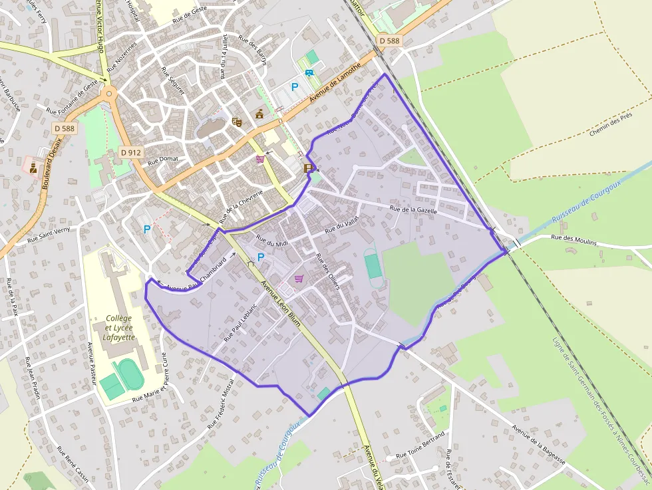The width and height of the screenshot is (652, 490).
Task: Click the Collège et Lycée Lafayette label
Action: pyautogui.click(x=119, y=327)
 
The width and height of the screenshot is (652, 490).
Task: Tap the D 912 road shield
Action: pyautogui.click(x=131, y=152)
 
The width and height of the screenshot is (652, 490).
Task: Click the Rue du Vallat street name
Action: pyautogui.click(x=342, y=225)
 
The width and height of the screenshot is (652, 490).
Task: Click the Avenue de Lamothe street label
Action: pyautogui.click(x=335, y=82)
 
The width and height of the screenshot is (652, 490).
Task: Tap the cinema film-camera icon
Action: pyautogui.click(x=309, y=168)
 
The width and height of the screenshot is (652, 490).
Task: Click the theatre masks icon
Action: pyautogui.click(x=236, y=122)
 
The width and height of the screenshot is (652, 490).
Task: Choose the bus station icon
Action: pyautogui.click(x=309, y=73)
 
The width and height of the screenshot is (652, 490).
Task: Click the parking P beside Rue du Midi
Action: pyautogui.click(x=261, y=257)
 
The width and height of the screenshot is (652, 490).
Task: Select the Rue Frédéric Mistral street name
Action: pyautogui.click(x=221, y=404)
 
